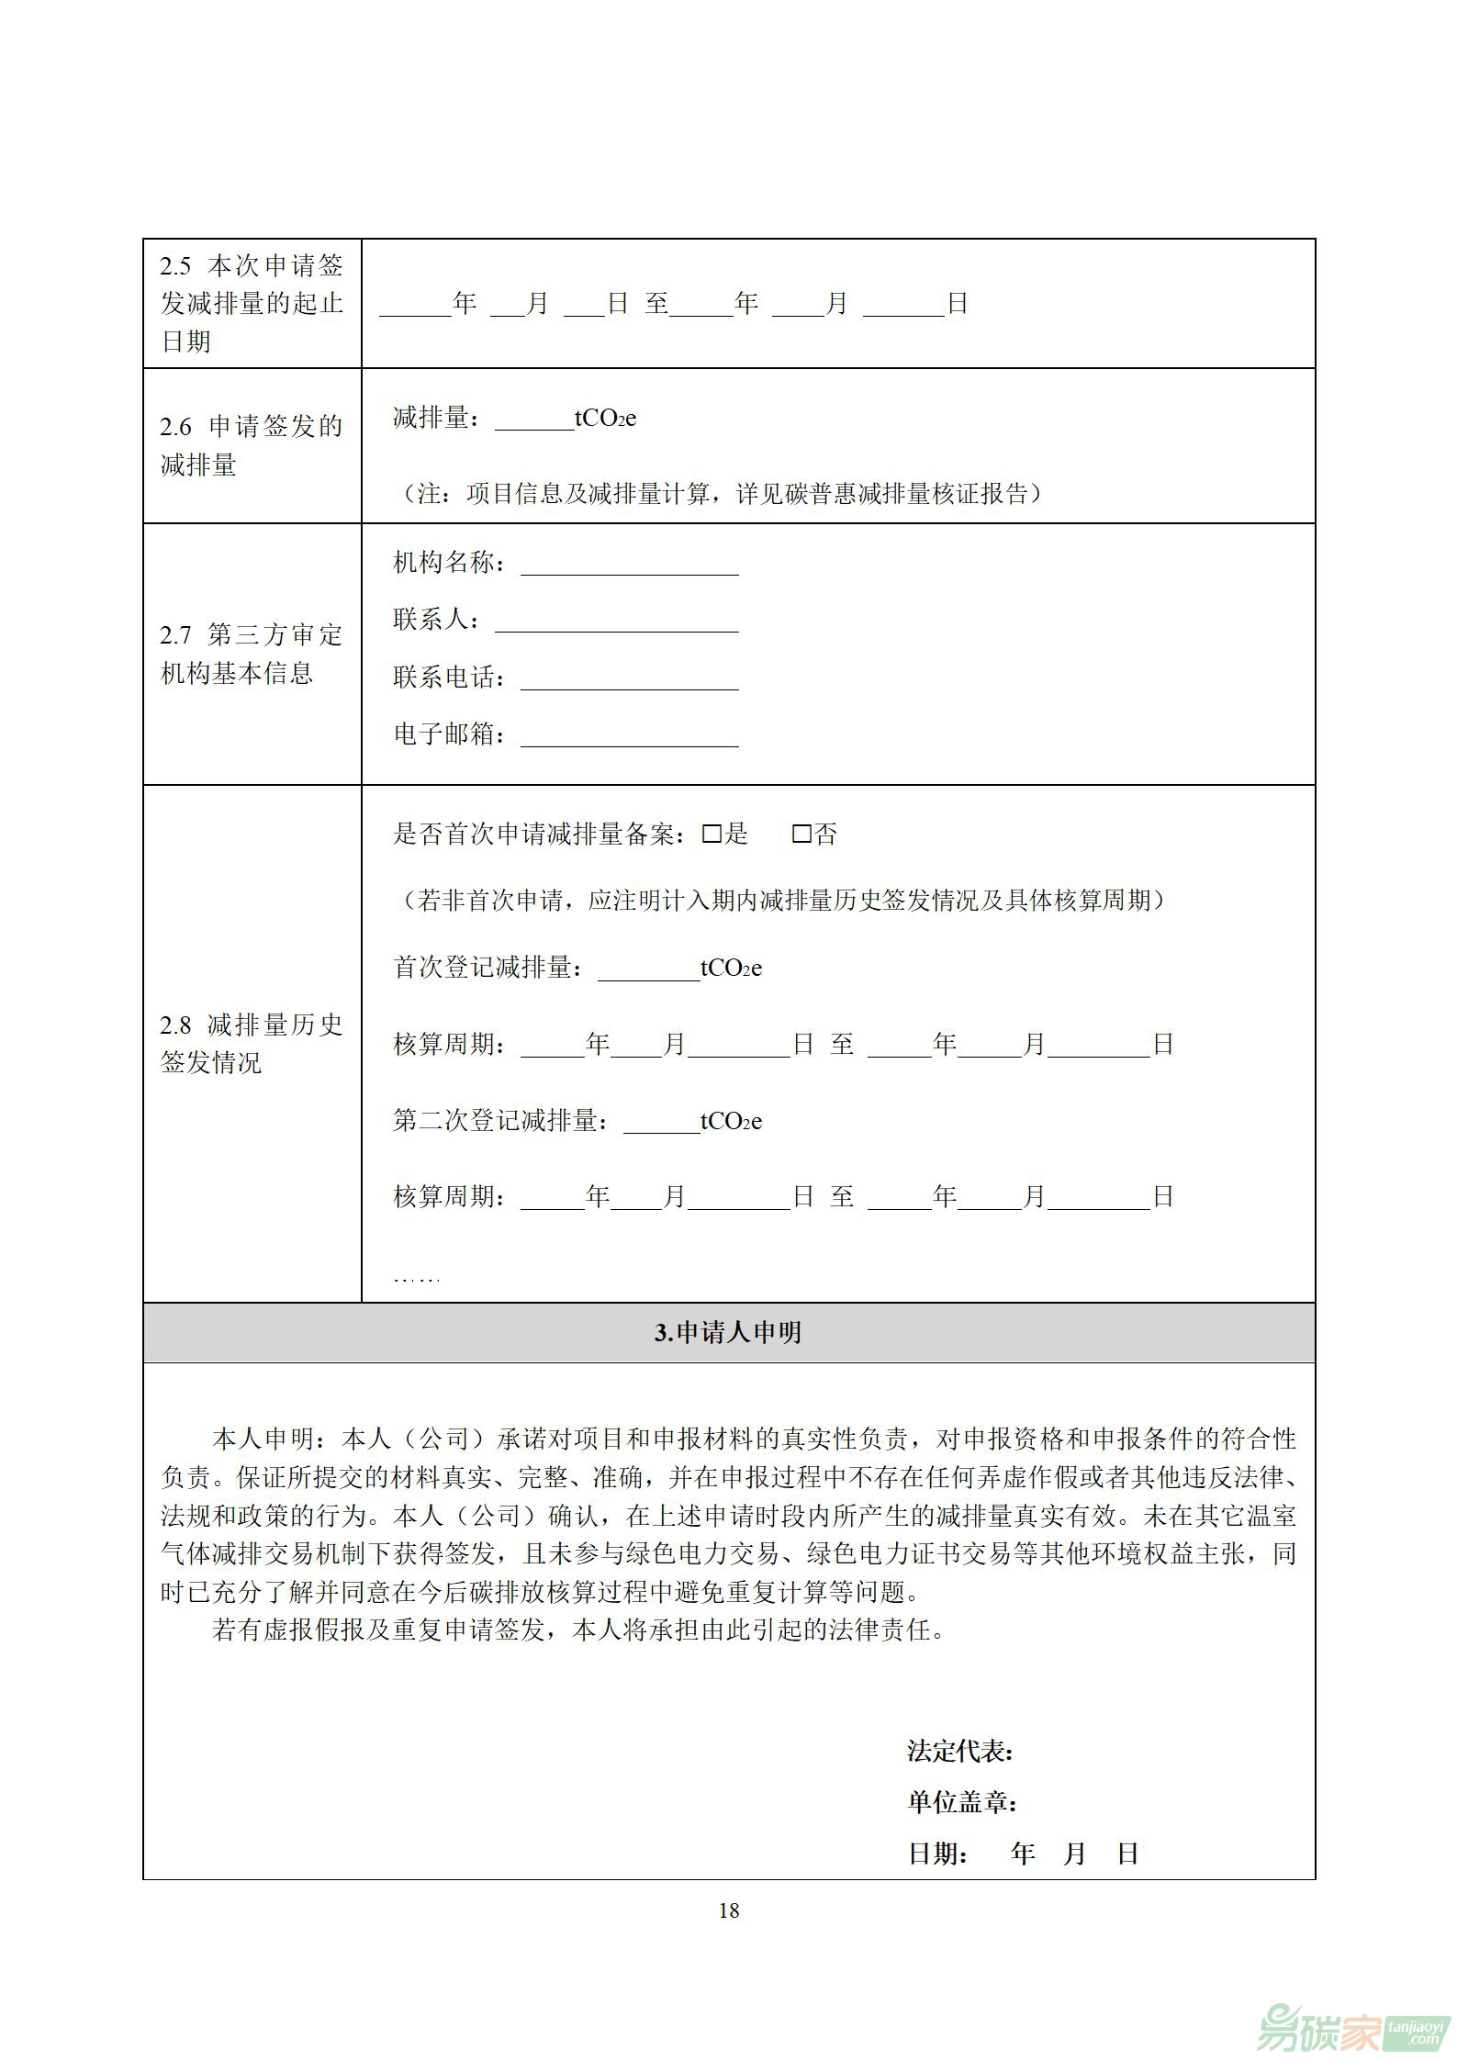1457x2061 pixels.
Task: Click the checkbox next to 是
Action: pyautogui.click(x=711, y=834)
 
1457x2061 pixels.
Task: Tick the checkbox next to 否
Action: pyautogui.click(x=801, y=834)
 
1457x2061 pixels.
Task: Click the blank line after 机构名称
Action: pyautogui.click(x=629, y=565)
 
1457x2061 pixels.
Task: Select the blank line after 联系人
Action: pyautogui.click(x=616, y=622)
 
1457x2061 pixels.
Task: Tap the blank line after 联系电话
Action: pyautogui.click(x=629, y=679)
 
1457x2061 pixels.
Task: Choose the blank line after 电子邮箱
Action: pyautogui.click(x=629, y=736)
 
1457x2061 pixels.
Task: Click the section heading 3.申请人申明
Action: pyautogui.click(x=728, y=1332)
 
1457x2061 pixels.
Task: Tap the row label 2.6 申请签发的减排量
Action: pyautogui.click(x=251, y=445)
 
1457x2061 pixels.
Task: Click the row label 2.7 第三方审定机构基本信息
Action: pyautogui.click(x=251, y=654)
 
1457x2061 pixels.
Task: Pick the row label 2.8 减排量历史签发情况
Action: pyautogui.click(x=251, y=1043)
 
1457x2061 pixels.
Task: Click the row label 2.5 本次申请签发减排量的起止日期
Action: pyautogui.click(x=251, y=304)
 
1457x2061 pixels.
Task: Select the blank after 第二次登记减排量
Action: pyautogui.click(x=661, y=1123)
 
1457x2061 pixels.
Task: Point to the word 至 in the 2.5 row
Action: pyautogui.click(x=656, y=304)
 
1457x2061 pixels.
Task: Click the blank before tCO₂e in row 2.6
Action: pyautogui.click(x=533, y=420)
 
